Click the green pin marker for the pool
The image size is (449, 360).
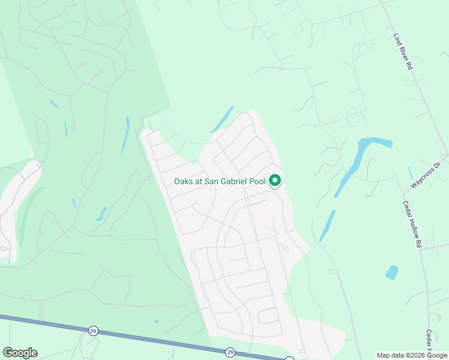(x=275, y=180)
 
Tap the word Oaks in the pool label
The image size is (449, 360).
(x=184, y=181)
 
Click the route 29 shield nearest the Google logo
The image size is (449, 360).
(x=92, y=331)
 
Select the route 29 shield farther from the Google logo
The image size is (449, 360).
(x=230, y=352)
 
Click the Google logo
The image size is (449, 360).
(x=20, y=352)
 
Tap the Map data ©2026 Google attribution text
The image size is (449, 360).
(x=412, y=355)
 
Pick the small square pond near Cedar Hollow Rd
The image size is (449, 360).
(x=391, y=272)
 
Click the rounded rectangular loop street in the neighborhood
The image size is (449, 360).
(x=268, y=316)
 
